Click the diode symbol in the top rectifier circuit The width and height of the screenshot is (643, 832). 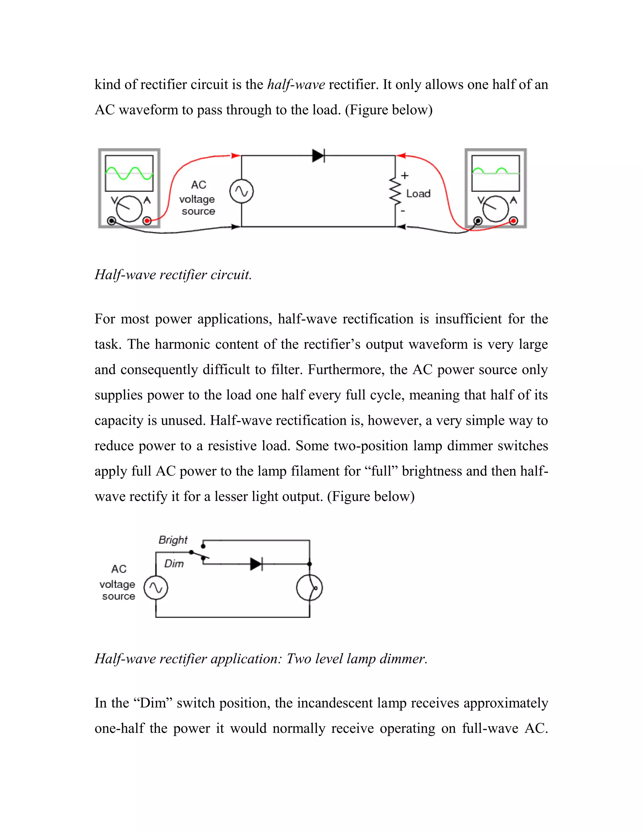pos(318,155)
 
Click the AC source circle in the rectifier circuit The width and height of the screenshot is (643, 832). pos(241,191)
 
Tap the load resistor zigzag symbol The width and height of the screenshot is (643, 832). pos(395,192)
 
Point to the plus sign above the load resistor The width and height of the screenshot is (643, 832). pos(404,175)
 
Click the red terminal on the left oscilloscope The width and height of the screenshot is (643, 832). pos(147,221)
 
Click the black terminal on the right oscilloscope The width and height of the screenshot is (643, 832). pos(478,221)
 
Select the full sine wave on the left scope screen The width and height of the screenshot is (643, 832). pos(129,173)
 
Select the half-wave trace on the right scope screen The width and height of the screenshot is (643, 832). pos(495,171)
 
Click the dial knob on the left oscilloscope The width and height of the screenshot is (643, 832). pos(129,209)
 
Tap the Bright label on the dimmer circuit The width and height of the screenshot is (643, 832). pos(173,540)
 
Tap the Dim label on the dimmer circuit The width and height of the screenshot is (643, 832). pos(174,564)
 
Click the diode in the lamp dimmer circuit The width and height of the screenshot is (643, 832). pos(256,564)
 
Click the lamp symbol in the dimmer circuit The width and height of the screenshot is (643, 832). pos(309,588)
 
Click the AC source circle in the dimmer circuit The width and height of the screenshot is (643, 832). pos(155,588)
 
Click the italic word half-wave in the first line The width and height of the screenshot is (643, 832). pos(296,84)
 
